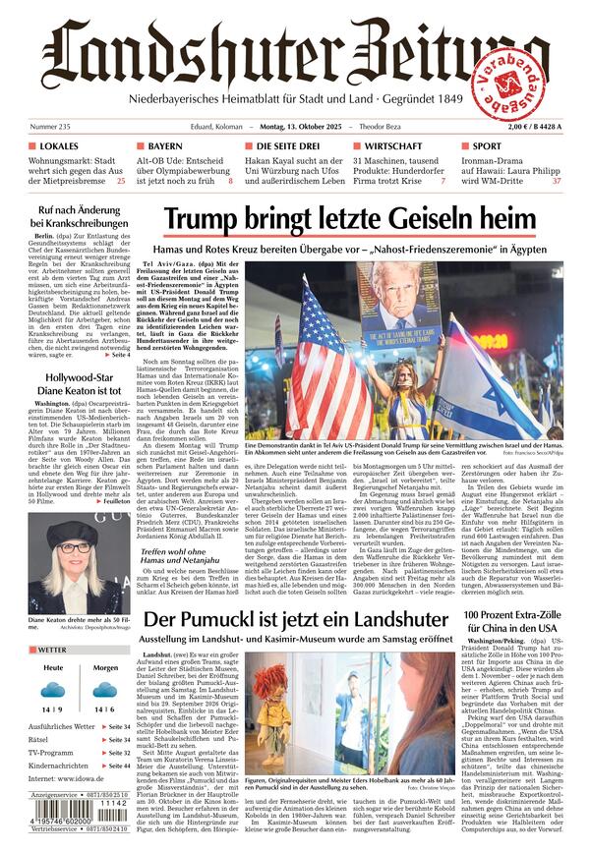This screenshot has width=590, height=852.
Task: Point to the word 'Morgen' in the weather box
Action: pos(105,668)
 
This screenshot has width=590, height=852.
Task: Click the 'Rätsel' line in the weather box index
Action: pos(40,739)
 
